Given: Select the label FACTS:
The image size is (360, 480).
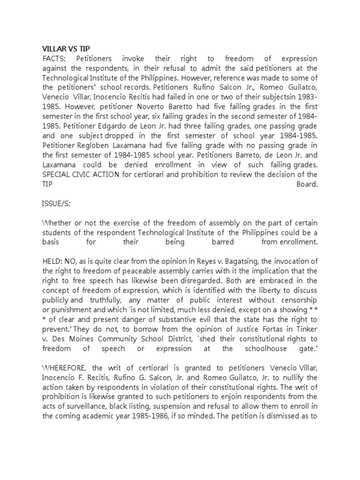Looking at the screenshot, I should (x=55, y=59).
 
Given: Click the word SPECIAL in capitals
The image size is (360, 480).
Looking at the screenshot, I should (x=58, y=174).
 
